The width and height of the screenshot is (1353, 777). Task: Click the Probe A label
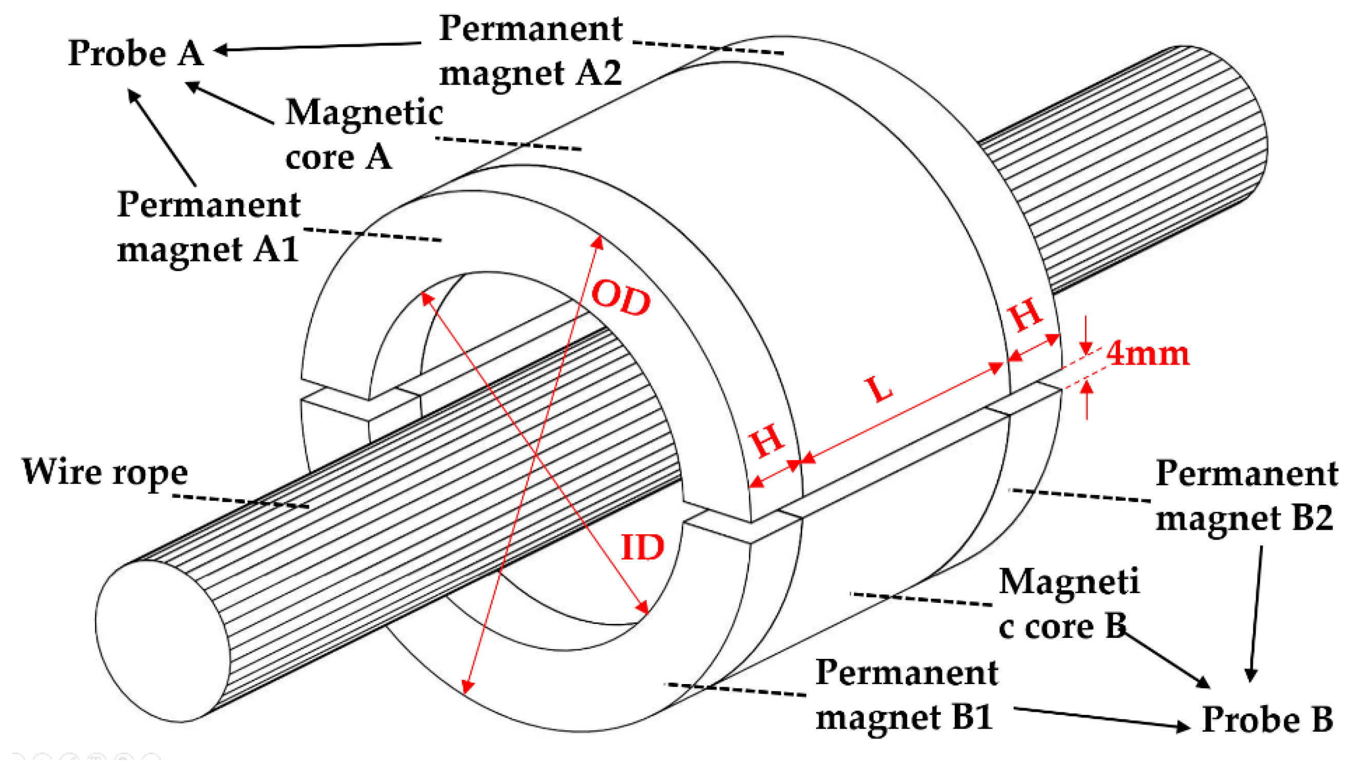pos(136,53)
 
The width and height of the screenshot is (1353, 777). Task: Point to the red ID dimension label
pos(642,547)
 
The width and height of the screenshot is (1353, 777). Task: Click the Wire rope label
pos(105,473)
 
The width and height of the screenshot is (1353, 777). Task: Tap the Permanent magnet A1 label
pos(208,227)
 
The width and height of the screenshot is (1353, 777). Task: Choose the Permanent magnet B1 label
pos(906,694)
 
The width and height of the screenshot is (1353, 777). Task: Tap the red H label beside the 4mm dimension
pos(1027,314)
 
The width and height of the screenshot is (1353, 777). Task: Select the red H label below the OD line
pos(767,441)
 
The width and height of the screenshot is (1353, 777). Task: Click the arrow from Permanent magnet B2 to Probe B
pos(1256,614)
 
